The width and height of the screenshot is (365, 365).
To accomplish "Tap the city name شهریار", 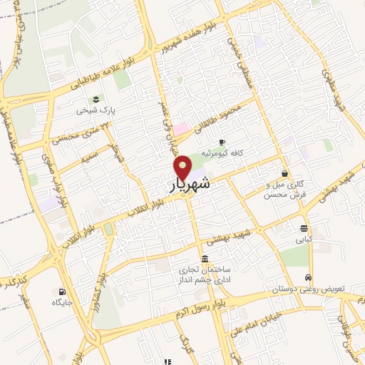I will point(190,185).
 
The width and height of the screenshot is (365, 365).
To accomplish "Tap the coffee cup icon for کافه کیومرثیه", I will point(222,142).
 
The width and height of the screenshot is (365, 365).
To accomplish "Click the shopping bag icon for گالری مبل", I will point(285,173).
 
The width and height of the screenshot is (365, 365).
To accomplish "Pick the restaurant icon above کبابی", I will point(304,229).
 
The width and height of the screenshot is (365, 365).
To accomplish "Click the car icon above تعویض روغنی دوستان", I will point(308,277).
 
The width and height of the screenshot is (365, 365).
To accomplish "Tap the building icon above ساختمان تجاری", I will point(205,259).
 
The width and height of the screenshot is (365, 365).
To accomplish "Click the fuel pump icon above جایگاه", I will point(61,291).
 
